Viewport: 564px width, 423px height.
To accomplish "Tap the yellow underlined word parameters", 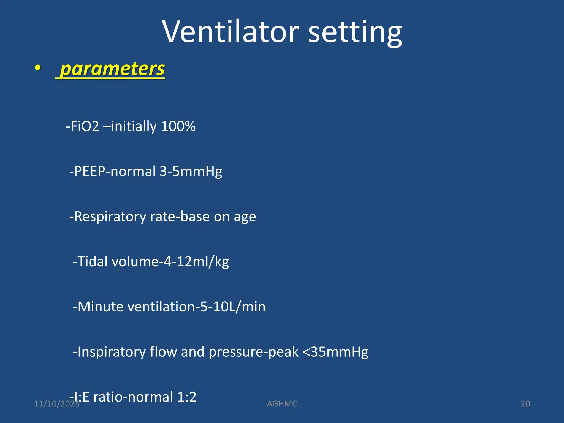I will [x=112, y=69].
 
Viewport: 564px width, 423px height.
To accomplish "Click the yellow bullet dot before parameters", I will [x=38, y=67].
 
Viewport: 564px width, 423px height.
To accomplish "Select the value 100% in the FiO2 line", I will [x=178, y=126].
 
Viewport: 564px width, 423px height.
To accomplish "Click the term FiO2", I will [x=85, y=126].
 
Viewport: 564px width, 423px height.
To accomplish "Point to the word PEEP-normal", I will [x=115, y=171].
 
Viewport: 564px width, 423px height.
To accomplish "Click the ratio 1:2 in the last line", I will [x=187, y=397].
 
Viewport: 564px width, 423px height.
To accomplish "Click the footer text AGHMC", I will [x=282, y=404].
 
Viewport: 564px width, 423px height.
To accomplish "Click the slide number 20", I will [x=525, y=404].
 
